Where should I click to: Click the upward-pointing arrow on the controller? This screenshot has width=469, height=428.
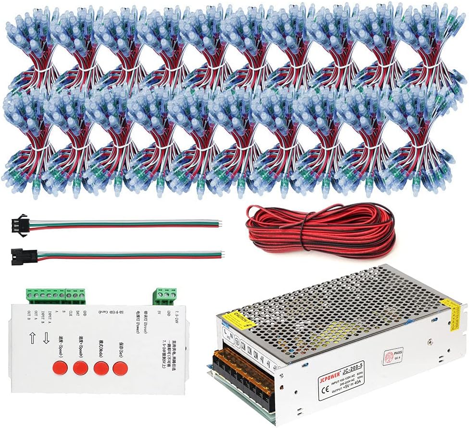click(x=33, y=338)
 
